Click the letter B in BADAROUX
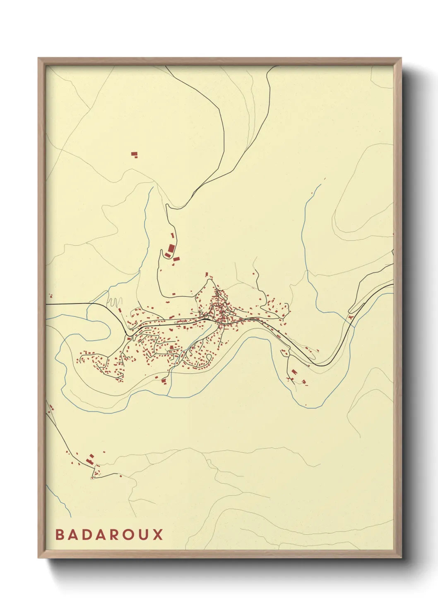pos(60,534)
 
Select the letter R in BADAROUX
pos(120,534)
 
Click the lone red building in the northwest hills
pos(134,155)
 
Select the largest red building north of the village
pos(171,249)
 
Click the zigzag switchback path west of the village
pos(115,301)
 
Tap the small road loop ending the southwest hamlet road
pos(92,478)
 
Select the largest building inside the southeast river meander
pos(293,372)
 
